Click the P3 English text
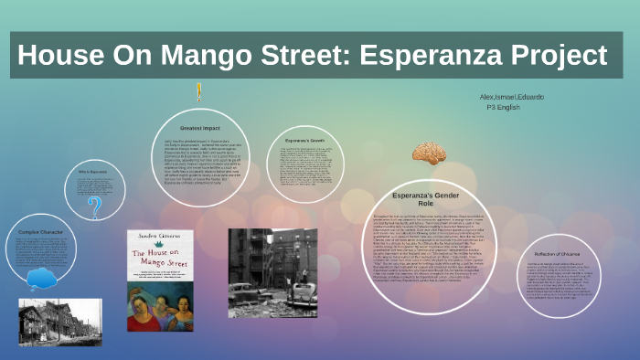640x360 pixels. tap(504, 108)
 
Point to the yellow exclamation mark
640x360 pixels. tap(198, 91)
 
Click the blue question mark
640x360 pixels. tap(94, 208)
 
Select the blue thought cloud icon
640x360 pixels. tap(41, 277)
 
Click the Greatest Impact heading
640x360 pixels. tap(198, 129)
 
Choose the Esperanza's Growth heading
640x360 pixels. tap(306, 142)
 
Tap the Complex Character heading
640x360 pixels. tap(41, 231)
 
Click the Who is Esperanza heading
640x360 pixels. tap(94, 172)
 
